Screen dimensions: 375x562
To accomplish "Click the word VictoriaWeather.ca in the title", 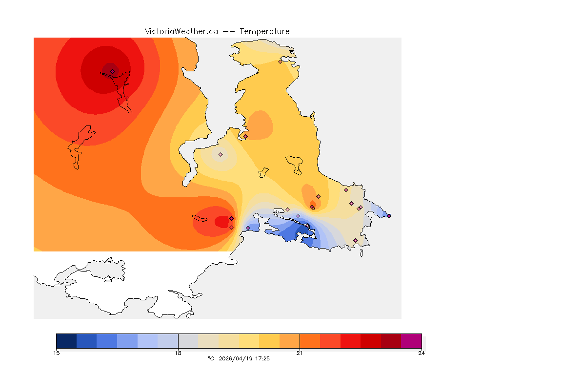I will (x=181, y=31).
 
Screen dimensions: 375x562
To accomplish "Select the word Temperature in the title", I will (x=264, y=31).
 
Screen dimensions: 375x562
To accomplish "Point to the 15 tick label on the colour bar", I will (x=56, y=353).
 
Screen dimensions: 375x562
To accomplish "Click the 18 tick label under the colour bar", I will (x=178, y=353).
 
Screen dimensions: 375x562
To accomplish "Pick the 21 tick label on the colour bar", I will (x=300, y=353).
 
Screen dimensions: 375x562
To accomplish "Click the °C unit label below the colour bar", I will (x=211, y=358).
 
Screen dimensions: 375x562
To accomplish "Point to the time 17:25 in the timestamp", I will (x=262, y=358).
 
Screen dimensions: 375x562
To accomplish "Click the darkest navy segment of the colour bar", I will (x=66, y=341).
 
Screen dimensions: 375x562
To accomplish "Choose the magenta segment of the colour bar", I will (x=411, y=341).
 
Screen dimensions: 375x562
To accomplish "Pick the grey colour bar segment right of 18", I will (x=188, y=341).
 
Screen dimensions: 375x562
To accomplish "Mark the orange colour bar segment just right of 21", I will (x=310, y=341).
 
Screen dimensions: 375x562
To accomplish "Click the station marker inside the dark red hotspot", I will (x=112, y=71).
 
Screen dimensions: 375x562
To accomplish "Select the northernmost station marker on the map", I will (x=280, y=62).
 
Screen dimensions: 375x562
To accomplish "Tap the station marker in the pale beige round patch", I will (x=221, y=154).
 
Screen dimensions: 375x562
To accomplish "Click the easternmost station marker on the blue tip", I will (x=389, y=215).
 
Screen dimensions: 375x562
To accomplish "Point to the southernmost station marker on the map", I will (x=355, y=240).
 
